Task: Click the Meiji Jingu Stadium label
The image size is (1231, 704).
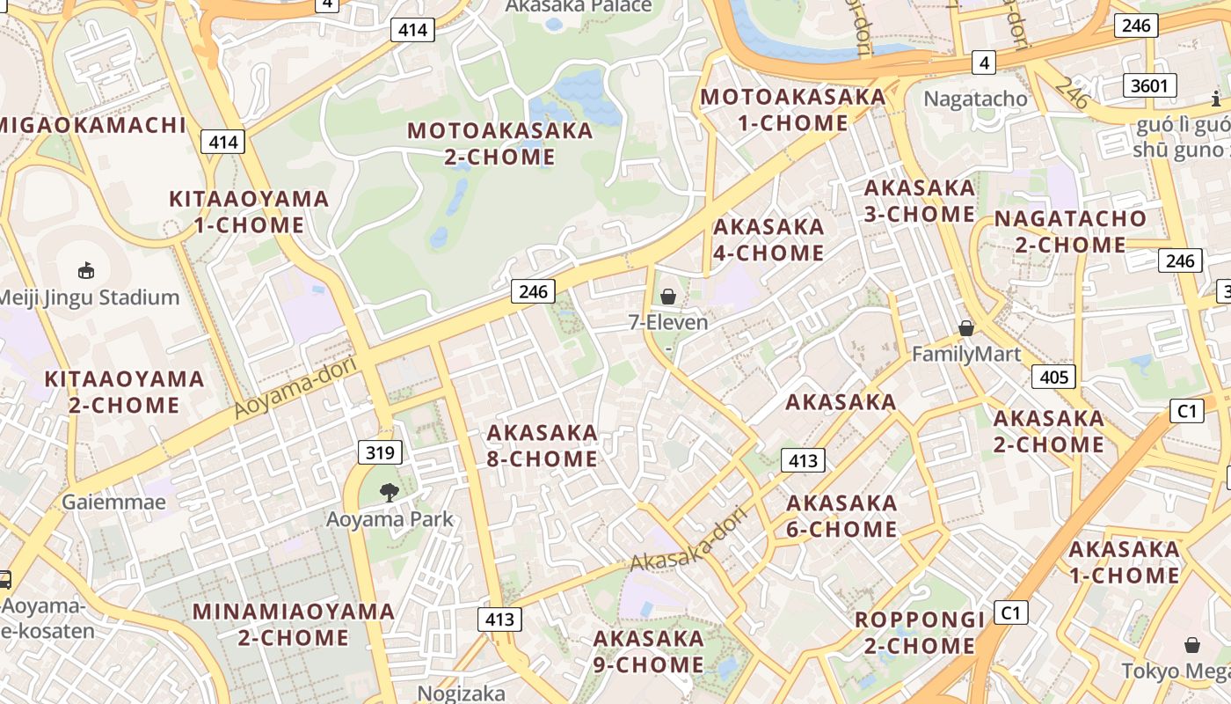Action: click(x=90, y=297)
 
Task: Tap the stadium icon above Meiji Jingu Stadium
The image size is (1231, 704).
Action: click(x=86, y=270)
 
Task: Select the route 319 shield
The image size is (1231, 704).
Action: click(x=381, y=453)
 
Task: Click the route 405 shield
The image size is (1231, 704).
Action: click(x=1053, y=378)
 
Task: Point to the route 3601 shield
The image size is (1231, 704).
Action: click(x=1150, y=85)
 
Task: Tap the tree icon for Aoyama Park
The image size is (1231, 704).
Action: click(x=389, y=493)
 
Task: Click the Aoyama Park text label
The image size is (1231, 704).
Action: click(x=390, y=519)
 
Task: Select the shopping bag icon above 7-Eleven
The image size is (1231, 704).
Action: click(x=668, y=297)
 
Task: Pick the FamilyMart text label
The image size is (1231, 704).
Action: click(x=966, y=355)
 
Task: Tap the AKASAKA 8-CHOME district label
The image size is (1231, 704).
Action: click(x=543, y=446)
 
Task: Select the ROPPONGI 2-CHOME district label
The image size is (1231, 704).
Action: click(x=920, y=633)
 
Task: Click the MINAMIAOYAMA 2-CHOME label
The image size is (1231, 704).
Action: click(x=294, y=624)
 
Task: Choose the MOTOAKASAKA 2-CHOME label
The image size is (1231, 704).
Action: click(x=500, y=144)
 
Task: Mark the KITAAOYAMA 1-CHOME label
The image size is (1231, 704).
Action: click(x=249, y=212)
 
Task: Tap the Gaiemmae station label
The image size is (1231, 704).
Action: click(x=114, y=502)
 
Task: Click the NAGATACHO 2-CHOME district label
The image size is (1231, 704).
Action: click(x=1070, y=231)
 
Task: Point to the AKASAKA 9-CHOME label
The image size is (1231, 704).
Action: click(x=649, y=652)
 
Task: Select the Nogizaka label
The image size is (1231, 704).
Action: click(x=462, y=693)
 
